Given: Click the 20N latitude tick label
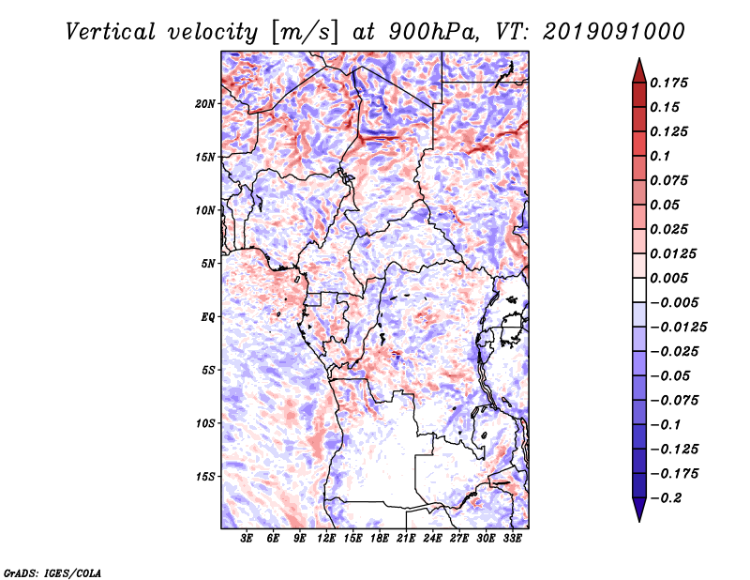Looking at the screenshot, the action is coord(205,103).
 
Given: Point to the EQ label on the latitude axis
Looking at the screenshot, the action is coord(207,316).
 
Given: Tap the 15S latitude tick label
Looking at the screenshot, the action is coord(205,477).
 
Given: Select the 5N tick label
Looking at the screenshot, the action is coord(208,264).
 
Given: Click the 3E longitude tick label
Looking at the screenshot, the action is coord(247,539).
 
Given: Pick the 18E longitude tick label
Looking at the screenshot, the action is coord(380,539).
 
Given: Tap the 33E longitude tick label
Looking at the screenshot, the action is coord(512,539).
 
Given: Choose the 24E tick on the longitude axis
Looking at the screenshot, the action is coord(432,539).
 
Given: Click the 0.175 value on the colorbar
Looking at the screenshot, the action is coord(668,83).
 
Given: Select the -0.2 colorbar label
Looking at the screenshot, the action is coord(666,498).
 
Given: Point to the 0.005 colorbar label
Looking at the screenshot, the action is coord(668,278).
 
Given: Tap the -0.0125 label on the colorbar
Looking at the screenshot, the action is coord(678,328).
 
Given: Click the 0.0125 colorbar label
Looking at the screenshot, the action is coord(673,253).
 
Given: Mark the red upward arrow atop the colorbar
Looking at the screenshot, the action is coord(639,70).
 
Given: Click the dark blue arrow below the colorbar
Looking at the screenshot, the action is coord(639,510).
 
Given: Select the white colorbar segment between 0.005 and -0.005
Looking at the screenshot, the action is coord(639,290).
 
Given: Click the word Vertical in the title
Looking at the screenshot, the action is coord(111,32).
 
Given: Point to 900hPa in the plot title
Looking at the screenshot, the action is coord(433,32).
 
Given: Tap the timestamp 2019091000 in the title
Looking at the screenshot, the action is coord(614,32).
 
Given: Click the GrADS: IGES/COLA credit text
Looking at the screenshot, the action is coord(52,572).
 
